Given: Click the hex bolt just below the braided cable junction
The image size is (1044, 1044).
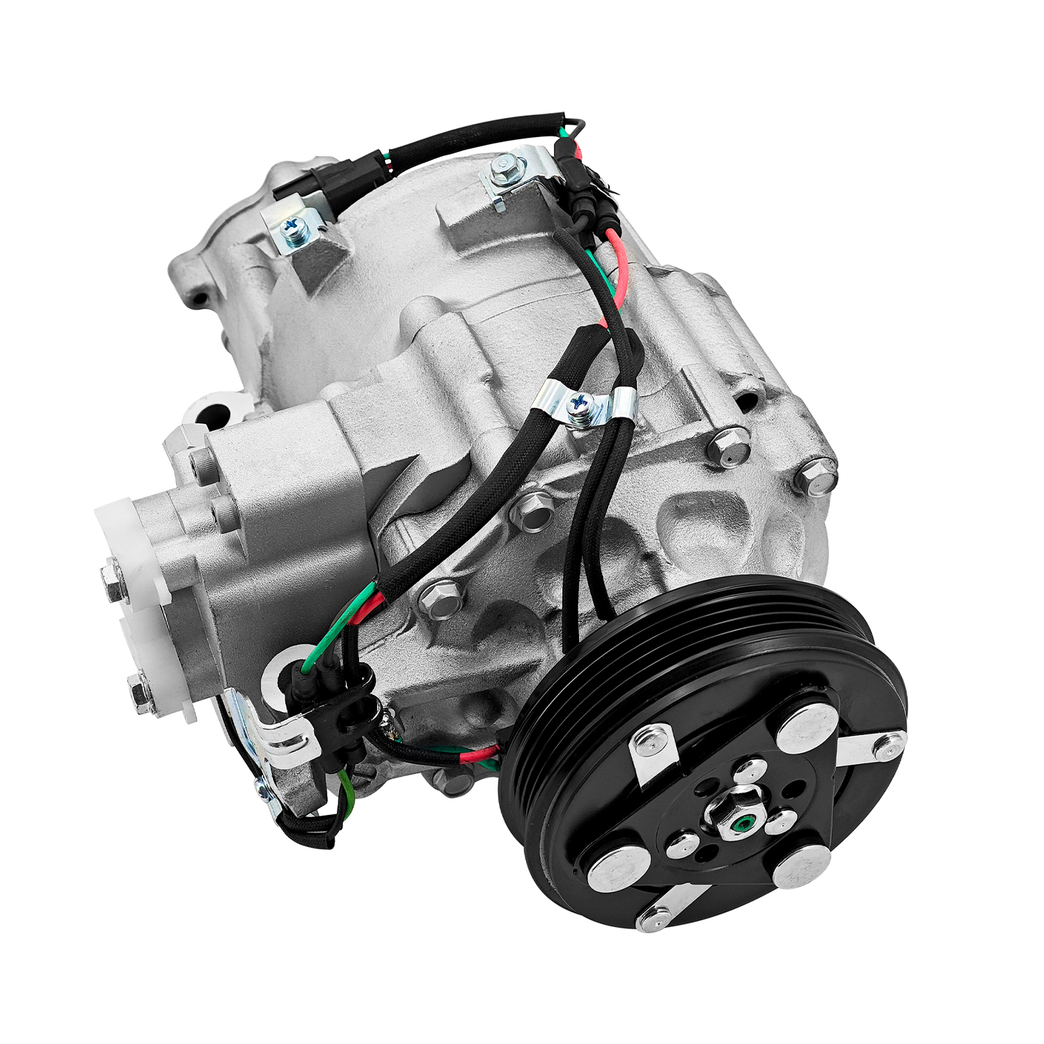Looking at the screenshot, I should click(440, 597).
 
